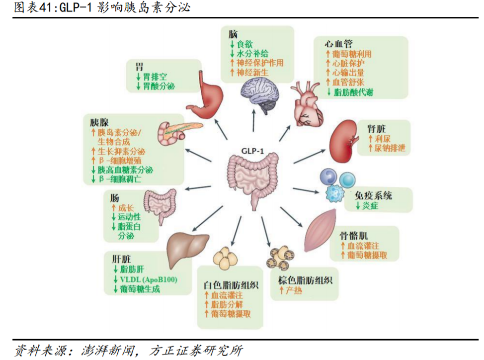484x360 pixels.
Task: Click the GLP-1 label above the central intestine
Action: pyautogui.click(x=252, y=151)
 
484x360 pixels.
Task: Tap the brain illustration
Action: pyautogui.click(x=259, y=95)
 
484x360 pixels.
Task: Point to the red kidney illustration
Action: pyautogui.click(x=343, y=141)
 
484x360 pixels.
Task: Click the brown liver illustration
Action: pyautogui.click(x=187, y=250)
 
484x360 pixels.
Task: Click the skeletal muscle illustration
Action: pyautogui.click(x=321, y=230)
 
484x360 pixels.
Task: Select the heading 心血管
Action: pyautogui.click(x=338, y=44)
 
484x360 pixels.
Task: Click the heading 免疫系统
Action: pyautogui.click(x=373, y=195)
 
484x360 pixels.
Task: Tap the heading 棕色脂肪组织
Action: pyautogui.click(x=305, y=280)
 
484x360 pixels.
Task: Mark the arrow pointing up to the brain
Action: pyautogui.click(x=254, y=121)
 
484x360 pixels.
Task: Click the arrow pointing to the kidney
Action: pyautogui.click(x=309, y=156)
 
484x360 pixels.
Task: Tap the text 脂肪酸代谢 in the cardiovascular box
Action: pyautogui.click(x=353, y=92)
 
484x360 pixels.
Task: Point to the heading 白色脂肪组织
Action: pyautogui.click(x=231, y=285)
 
